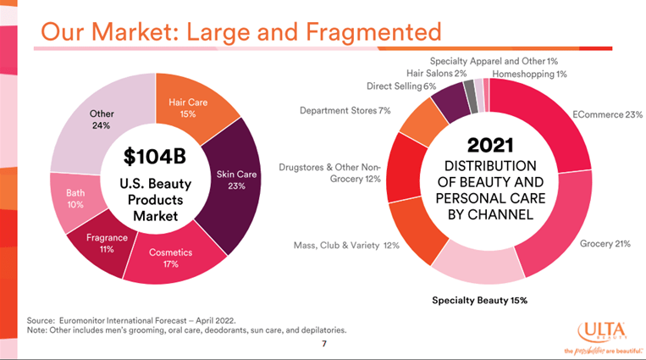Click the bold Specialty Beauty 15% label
(478, 300)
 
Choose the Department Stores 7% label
(345, 110)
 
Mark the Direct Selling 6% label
(401, 86)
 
